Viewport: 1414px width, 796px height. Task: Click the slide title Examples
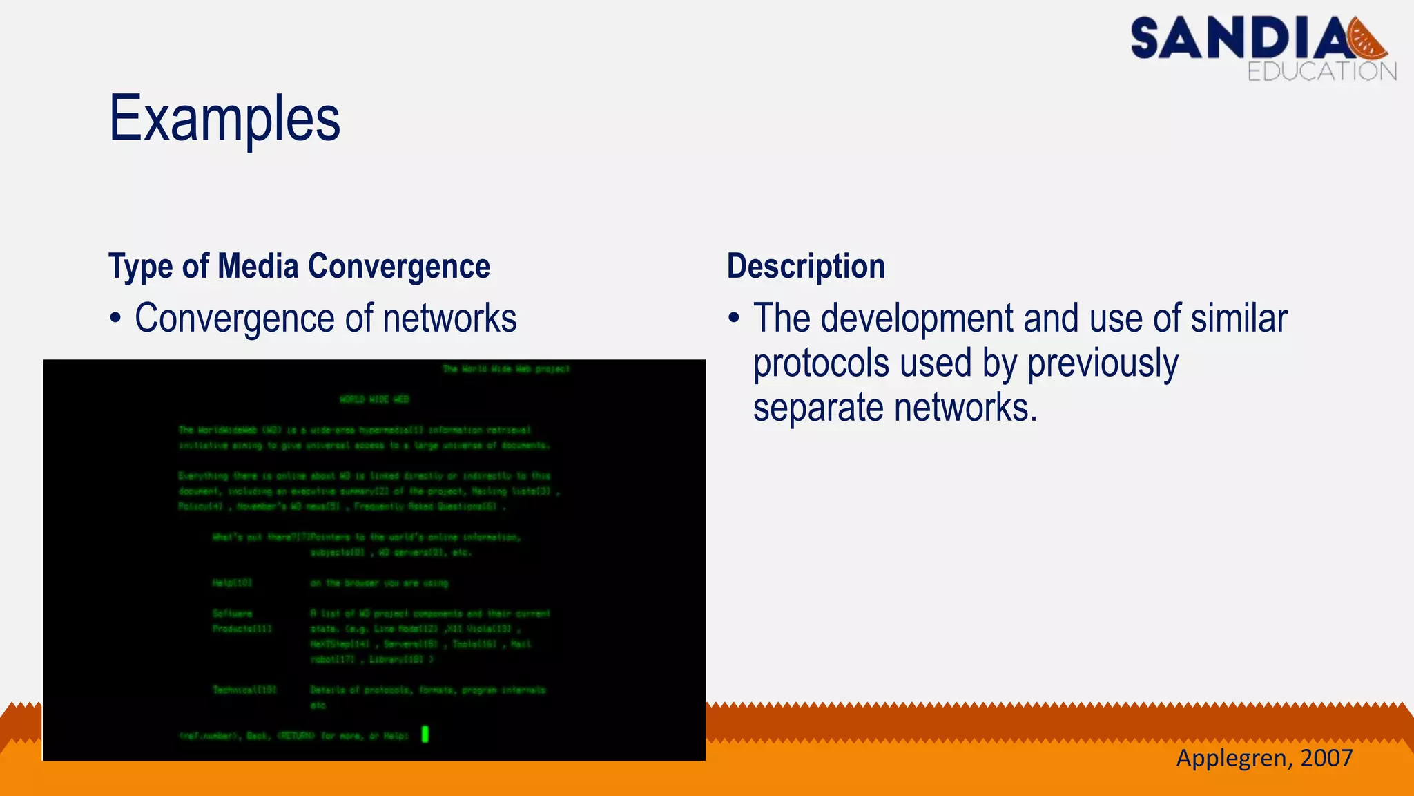pyautogui.click(x=224, y=120)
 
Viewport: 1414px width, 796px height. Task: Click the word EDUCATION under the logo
pyautogui.click(x=1321, y=72)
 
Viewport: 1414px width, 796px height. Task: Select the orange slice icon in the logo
pyautogui.click(x=1368, y=39)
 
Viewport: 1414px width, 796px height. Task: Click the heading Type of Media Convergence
pyautogui.click(x=299, y=267)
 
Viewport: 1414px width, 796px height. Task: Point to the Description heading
pyautogui.click(x=806, y=267)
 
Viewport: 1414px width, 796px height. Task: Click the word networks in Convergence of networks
pyautogui.click(x=449, y=319)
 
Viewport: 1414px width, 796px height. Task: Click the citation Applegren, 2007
pyautogui.click(x=1263, y=758)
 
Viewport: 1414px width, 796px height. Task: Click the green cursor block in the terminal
pyautogui.click(x=425, y=734)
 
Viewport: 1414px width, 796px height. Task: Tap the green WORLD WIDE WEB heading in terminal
pyautogui.click(x=374, y=399)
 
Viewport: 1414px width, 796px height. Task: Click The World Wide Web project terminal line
pyautogui.click(x=505, y=369)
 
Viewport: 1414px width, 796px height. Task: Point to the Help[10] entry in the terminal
pyautogui.click(x=232, y=583)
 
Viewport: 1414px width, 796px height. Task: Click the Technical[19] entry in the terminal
pyautogui.click(x=244, y=690)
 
